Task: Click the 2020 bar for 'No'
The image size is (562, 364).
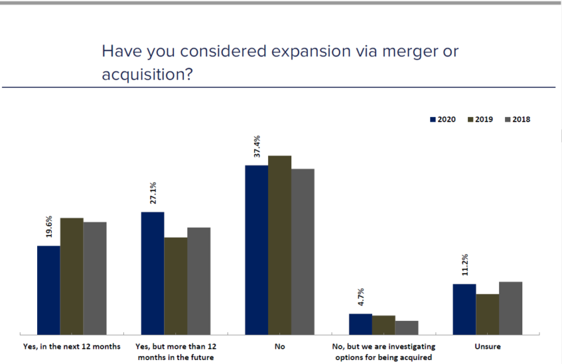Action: (257, 250)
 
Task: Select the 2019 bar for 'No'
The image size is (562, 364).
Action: (280, 245)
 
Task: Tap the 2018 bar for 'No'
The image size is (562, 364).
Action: (303, 251)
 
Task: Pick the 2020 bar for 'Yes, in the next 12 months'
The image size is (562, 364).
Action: (49, 290)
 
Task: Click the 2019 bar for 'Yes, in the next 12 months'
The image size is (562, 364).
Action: (71, 276)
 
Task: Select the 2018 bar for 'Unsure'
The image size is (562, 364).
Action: (510, 308)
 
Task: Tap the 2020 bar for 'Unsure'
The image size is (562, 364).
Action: (464, 309)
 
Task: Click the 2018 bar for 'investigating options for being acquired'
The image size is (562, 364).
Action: (406, 328)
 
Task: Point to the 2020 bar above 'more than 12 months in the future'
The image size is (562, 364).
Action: (153, 273)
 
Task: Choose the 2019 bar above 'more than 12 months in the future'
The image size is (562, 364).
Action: (175, 285)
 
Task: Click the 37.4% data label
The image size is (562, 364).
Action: (258, 146)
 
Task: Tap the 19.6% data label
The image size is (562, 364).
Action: (49, 227)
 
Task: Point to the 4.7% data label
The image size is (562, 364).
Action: (361, 298)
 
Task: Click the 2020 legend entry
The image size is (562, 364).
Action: (443, 120)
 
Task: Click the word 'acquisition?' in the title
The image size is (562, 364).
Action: (147, 75)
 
